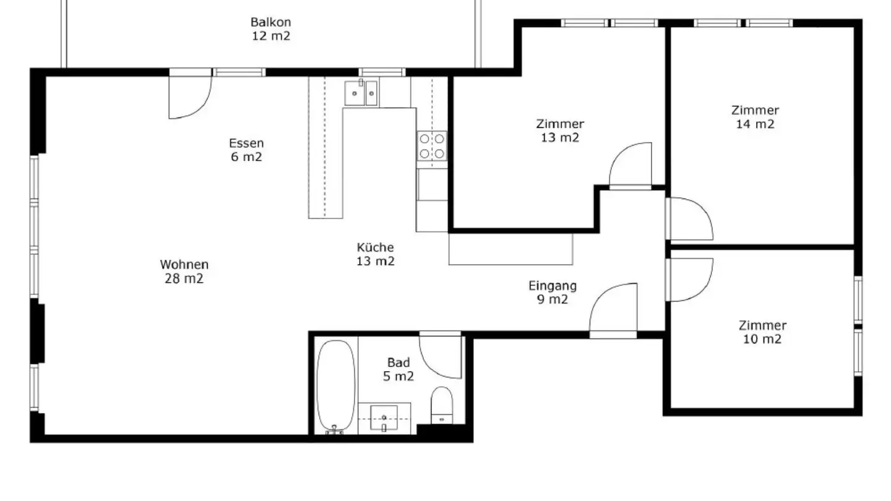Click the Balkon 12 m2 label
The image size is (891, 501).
point(270,29)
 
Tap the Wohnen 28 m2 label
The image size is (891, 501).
point(184,272)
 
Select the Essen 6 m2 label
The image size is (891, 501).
point(246,150)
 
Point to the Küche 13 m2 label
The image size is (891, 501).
point(375,254)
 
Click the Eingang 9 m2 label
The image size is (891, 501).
point(553,293)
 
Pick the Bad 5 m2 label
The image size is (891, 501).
point(398,369)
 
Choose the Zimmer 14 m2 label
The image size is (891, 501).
point(755,117)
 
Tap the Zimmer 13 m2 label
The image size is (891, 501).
point(560,131)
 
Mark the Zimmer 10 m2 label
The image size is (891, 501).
point(762,332)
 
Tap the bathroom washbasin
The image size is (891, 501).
point(384,417)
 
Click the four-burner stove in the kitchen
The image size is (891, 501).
point(432,146)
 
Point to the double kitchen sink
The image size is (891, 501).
point(362,93)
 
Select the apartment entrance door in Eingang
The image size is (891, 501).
point(613,310)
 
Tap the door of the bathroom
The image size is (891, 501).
point(441,355)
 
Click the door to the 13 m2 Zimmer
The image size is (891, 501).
point(630,165)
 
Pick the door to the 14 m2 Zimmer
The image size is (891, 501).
point(689,218)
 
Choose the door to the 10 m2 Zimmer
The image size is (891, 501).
point(689,280)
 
